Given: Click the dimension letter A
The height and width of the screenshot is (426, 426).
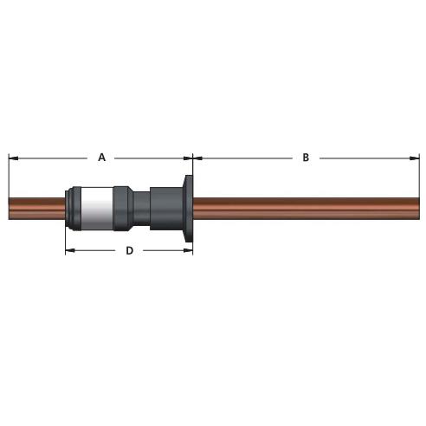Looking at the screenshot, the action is [102, 158].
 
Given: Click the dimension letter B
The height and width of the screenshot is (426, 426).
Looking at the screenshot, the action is [306, 158].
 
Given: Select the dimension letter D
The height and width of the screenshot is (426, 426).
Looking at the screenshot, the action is [130, 250].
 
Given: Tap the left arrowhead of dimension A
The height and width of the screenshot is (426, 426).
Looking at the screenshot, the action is [14, 158].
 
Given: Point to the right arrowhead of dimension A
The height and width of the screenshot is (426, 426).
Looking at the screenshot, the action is [188, 158].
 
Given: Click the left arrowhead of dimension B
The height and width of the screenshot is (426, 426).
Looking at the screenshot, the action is [197, 158].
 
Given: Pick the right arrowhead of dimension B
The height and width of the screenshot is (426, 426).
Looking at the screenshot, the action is [415, 158].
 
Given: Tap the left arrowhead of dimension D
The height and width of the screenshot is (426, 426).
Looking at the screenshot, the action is [70, 250].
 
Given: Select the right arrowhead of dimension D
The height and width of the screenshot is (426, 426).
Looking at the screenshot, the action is [188, 250].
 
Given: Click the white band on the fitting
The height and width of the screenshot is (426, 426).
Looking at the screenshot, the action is [97, 209].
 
